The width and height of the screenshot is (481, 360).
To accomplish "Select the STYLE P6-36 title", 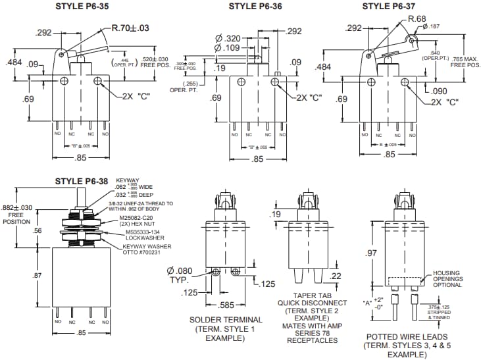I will point(255,7).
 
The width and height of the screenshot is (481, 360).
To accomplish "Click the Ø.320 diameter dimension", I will point(229,38).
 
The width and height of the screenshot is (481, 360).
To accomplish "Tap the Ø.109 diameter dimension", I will point(229,48).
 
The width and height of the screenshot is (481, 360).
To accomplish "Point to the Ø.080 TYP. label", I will point(180,274).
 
